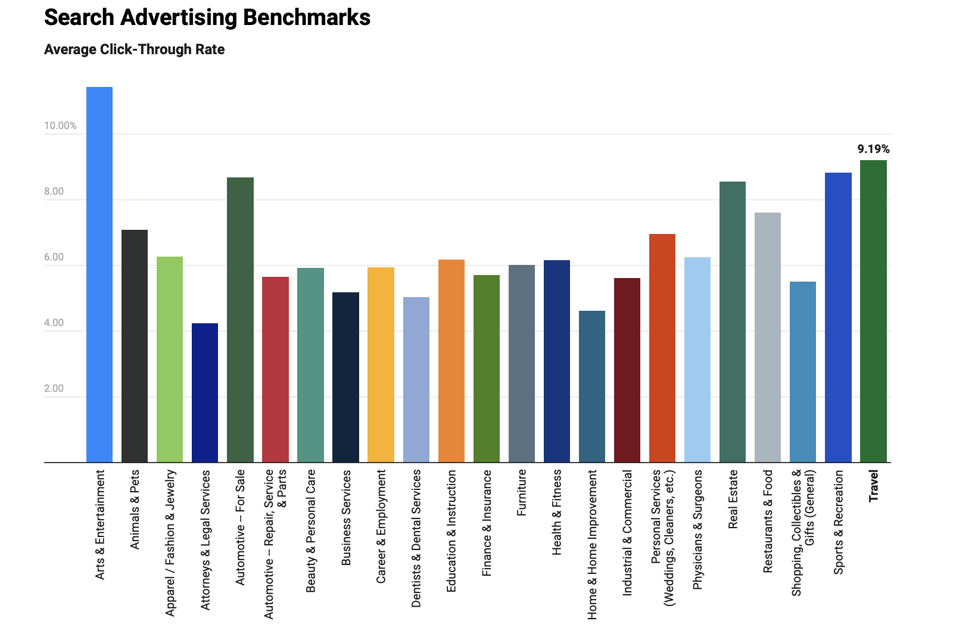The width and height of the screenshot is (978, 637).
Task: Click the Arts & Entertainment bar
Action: coord(99,274)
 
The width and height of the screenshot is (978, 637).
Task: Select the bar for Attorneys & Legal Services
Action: coord(205,393)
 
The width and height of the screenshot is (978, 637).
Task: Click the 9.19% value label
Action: coord(873,149)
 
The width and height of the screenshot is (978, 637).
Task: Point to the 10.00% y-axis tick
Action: coord(60,126)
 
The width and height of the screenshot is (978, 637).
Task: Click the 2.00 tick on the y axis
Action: coord(54,388)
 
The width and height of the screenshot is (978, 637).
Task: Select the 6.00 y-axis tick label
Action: coord(54,257)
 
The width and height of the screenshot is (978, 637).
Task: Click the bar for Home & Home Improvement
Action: coord(591,386)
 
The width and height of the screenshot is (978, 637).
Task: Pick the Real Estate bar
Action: coord(733,321)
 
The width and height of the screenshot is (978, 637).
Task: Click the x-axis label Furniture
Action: coord(522,492)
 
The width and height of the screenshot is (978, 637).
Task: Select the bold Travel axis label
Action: coord(874,486)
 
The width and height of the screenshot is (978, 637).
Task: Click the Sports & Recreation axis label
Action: coord(839,522)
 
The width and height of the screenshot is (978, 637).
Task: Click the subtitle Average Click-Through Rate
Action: coord(134,49)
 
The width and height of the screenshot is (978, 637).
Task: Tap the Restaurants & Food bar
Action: coord(768,337)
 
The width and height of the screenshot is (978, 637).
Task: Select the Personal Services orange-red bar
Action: coord(662,348)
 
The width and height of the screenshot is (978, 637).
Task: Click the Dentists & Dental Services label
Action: coord(416,538)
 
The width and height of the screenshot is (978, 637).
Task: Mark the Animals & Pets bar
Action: coord(135,345)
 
